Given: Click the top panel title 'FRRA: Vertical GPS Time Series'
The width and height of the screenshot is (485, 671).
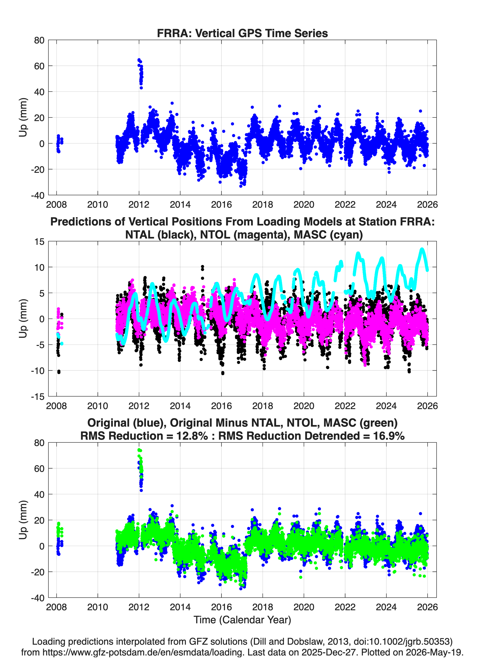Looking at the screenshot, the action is pos(242,33).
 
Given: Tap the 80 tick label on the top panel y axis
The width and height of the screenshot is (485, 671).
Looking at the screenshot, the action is pos(39,40).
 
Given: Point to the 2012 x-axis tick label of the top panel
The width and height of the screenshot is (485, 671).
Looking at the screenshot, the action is pos(139,205).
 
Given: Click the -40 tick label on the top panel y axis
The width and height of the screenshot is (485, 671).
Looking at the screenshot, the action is pos(38,195).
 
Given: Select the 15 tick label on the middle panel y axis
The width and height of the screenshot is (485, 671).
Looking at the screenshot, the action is pos(39,242).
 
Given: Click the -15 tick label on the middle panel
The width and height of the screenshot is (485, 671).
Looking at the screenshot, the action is pos(38,397).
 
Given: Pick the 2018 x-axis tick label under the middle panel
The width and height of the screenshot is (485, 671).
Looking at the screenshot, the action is pos(263,406).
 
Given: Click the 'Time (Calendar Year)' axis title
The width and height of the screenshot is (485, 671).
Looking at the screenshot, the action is pos(242,620).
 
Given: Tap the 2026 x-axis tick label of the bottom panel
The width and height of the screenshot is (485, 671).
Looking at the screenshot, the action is pos(427,607).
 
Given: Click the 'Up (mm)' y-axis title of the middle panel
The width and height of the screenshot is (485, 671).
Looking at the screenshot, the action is pos(23,319).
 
